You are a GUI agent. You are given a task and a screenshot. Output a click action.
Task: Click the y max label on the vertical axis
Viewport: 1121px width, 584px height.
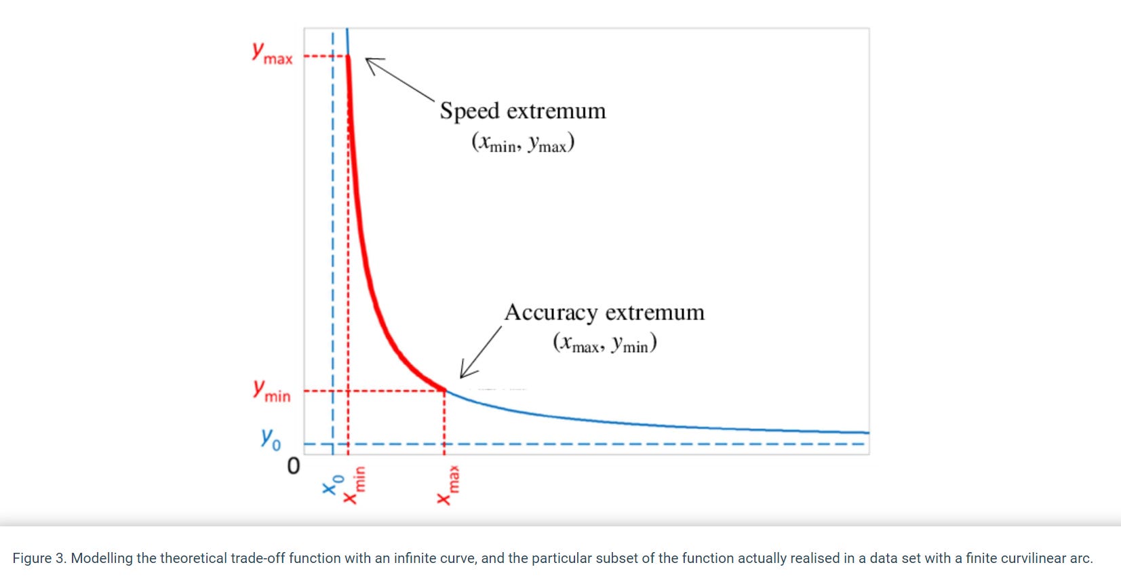pyautogui.click(x=272, y=54)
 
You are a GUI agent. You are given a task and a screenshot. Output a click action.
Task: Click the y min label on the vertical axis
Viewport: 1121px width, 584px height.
pyautogui.click(x=271, y=391)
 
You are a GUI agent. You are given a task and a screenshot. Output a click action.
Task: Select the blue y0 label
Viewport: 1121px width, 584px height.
pyautogui.click(x=271, y=439)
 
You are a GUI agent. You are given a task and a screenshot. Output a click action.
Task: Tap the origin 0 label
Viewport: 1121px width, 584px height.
pyautogui.click(x=293, y=466)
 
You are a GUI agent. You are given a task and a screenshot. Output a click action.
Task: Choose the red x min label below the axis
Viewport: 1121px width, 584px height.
pyautogui.click(x=354, y=485)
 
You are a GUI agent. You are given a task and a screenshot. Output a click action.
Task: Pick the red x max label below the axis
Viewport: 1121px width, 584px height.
pyautogui.click(x=448, y=485)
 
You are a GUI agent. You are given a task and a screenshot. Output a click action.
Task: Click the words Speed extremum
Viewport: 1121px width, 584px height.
pyautogui.click(x=522, y=111)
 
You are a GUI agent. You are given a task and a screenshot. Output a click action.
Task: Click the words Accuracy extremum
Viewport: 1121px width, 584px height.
pyautogui.click(x=604, y=312)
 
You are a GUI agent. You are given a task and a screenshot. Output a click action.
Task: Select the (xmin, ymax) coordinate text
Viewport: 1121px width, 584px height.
pyautogui.click(x=523, y=143)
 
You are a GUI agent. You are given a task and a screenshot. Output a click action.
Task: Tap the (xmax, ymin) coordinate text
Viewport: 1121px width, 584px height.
pyautogui.click(x=604, y=344)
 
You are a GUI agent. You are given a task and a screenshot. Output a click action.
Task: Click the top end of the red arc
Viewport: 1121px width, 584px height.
pyautogui.click(x=349, y=56)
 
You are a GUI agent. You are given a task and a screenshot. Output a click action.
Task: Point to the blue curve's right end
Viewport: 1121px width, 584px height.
pyautogui.click(x=867, y=432)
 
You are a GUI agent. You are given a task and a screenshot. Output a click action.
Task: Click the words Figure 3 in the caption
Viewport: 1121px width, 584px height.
pyautogui.click(x=39, y=558)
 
